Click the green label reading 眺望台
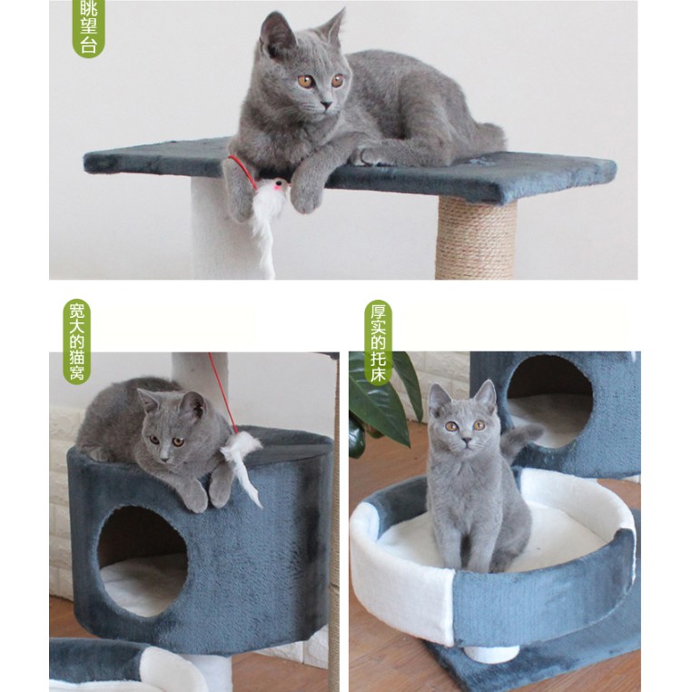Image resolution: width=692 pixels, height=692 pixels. coord(88,27)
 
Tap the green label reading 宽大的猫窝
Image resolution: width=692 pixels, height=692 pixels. coord(77,341)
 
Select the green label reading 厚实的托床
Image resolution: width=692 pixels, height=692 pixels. coord(378,343)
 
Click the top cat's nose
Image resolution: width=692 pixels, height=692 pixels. coord(327,104)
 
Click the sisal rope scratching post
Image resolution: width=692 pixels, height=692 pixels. coord(476,237)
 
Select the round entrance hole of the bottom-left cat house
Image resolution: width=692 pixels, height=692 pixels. coord(142,561)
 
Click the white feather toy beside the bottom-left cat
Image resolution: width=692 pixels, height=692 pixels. coord(242,463)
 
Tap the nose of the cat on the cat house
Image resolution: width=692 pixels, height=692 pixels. coord(164,458)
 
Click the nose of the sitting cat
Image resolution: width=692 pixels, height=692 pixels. coord(465,440)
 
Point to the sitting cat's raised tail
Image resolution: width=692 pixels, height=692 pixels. coord(520,440)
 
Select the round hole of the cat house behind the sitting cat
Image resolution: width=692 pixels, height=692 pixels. coord(549,401)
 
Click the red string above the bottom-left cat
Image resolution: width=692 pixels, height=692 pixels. coord(222,393)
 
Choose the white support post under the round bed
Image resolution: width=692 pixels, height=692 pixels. coord(491,654)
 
